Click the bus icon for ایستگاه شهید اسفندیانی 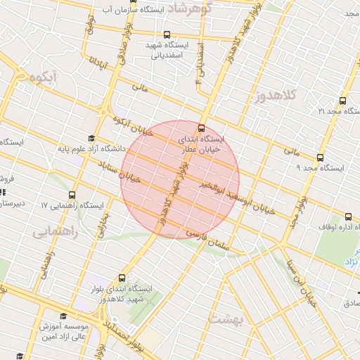[x=167, y=34]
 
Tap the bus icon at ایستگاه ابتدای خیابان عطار [x=202, y=129]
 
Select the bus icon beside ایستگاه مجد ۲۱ [x=342, y=101]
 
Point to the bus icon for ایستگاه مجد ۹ [x=320, y=157]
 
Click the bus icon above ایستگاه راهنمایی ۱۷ [x=72, y=195]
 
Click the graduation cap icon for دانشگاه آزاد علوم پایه [x=91, y=138]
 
